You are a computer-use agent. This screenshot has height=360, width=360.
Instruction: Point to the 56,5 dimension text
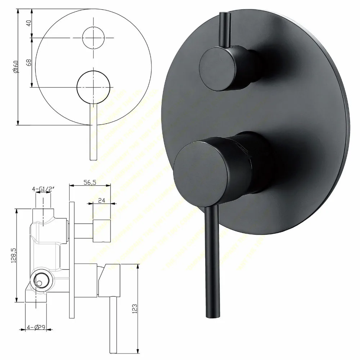pyautogui.click(x=89, y=183)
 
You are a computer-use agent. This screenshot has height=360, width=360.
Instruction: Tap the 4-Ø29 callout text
pyautogui.click(x=37, y=328)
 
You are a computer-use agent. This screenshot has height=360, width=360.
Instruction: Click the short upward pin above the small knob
pyautogui.click(x=224, y=29)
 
